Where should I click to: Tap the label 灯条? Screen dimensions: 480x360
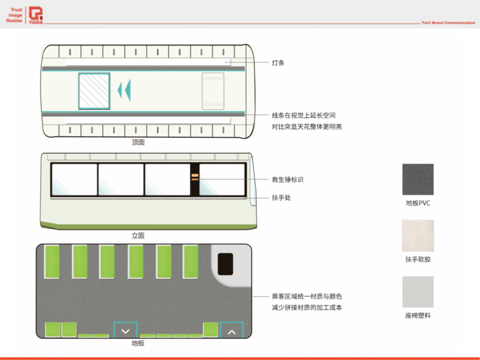click(278, 63)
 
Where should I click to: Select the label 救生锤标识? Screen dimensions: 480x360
click(287, 180)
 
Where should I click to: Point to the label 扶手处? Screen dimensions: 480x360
click(281, 197)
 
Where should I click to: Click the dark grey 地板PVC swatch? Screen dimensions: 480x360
click(418, 180)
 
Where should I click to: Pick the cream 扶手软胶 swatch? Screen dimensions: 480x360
click(418, 235)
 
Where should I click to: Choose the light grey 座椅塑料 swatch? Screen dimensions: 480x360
click(418, 292)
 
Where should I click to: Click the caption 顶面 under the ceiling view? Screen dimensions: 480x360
click(139, 143)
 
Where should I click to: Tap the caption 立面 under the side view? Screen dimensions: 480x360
click(139, 235)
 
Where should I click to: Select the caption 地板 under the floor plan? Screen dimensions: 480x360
click(138, 343)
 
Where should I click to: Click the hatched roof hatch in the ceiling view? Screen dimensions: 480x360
click(94, 91)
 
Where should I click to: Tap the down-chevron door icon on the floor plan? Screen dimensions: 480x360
click(125, 330)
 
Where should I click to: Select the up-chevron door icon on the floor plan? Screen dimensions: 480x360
click(231, 330)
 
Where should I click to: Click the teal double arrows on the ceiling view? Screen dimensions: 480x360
click(124, 91)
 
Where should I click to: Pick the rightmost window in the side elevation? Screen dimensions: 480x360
click(222, 180)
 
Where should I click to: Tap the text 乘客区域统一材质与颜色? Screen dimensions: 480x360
click(307, 296)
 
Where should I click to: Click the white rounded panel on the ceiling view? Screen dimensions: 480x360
click(213, 91)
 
